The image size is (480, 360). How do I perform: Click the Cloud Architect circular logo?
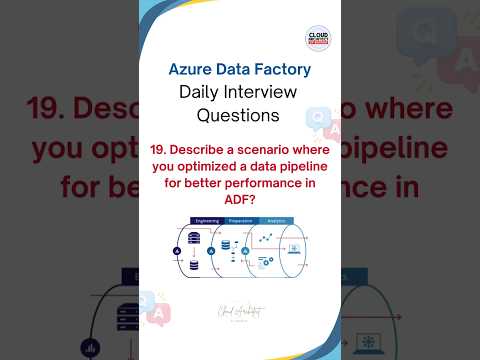(x=318, y=40)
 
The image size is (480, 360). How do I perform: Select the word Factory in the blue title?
(x=282, y=71)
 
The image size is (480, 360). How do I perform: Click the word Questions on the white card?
(x=239, y=115)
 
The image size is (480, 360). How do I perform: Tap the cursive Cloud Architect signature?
(x=240, y=311)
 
